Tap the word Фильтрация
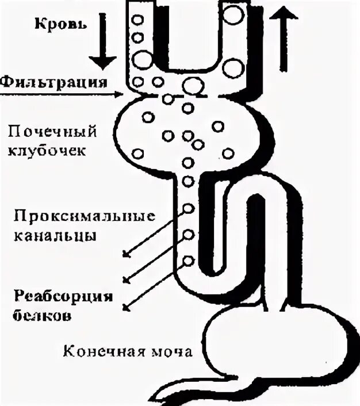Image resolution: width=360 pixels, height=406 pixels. click(54, 81)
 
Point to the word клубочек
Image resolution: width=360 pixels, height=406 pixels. click(48, 151)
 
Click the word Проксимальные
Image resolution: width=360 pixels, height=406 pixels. click(84, 217)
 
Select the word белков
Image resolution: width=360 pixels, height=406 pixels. click(44, 316)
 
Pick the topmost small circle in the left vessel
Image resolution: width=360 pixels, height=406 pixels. click(137, 19)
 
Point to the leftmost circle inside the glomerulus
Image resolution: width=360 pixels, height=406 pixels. click(138, 154)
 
